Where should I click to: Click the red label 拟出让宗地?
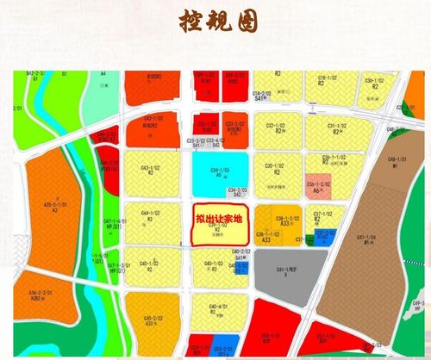(x=216, y=220)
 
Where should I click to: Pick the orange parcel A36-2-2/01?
(x=39, y=297)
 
